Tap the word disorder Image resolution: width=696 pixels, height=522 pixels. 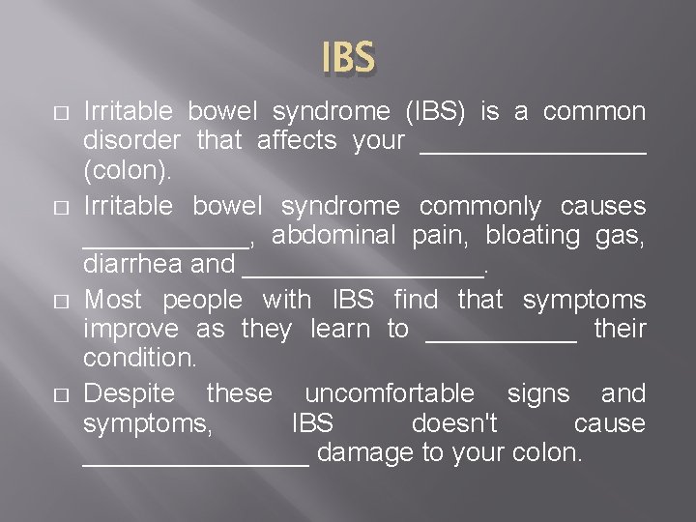pos(131,141)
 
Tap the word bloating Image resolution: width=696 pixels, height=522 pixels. pos(532,235)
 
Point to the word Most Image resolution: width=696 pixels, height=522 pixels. pos(112,301)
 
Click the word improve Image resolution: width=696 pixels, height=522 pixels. pos(130,330)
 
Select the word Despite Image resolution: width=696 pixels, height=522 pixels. pos(130,394)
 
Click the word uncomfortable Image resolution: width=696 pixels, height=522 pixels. pos(390,394)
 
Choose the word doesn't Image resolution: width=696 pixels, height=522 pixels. pos(453,423)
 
